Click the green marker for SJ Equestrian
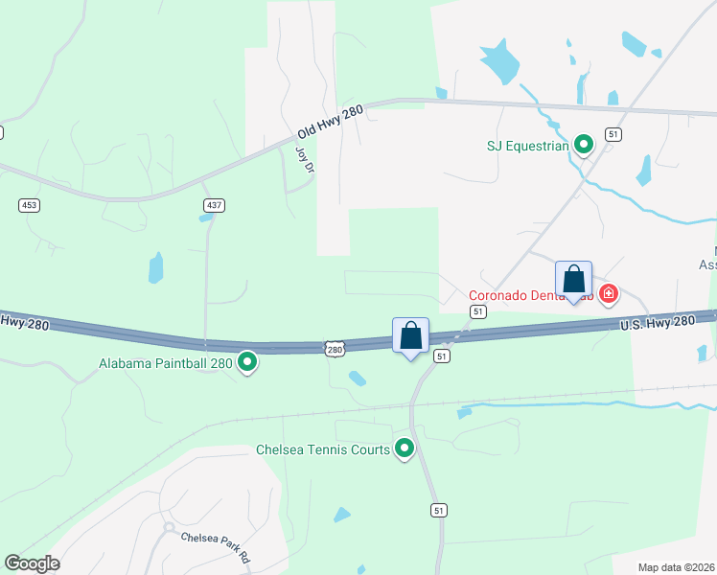pos(583,146)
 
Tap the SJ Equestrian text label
pos(527,147)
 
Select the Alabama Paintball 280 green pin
pos(247,362)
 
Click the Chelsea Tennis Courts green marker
pos(405,448)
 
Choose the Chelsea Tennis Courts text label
pos(323,449)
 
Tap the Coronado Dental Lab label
pos(532,295)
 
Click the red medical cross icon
pos(608,293)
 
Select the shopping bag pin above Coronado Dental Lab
pos(574,281)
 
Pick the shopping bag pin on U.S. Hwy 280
pos(411,336)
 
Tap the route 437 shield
pos(213,205)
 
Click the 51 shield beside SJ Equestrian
pos(613,135)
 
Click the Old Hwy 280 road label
pos(330,122)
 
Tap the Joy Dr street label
pos(304,158)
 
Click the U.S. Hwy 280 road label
pos(657,323)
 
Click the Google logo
pos(32,563)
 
